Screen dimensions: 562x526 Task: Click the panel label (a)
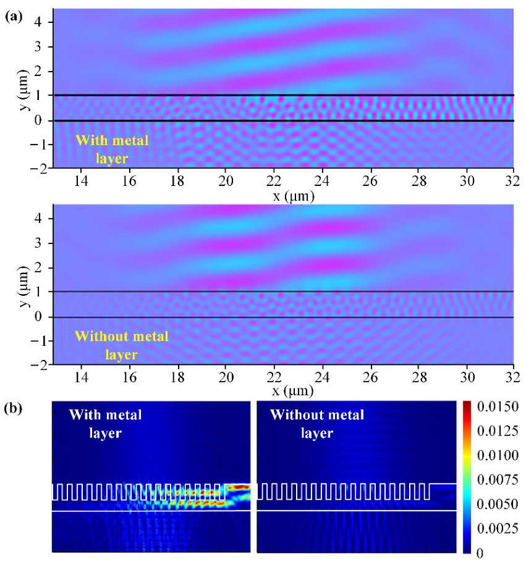point(14,17)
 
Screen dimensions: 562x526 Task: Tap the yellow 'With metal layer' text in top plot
point(112,149)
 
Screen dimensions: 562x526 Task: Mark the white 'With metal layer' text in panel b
point(104,424)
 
